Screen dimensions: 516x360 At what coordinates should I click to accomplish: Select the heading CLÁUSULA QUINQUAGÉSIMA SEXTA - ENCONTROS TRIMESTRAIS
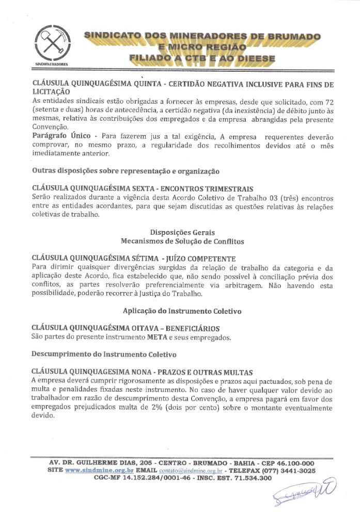143,188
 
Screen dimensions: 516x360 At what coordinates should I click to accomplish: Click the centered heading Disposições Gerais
182,232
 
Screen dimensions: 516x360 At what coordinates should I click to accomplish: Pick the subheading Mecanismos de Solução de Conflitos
182,241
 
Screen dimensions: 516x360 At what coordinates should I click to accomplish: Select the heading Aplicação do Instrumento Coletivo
182,311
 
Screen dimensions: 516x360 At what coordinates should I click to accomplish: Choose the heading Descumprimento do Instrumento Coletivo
104,354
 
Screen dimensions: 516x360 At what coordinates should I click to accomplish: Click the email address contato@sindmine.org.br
191,471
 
